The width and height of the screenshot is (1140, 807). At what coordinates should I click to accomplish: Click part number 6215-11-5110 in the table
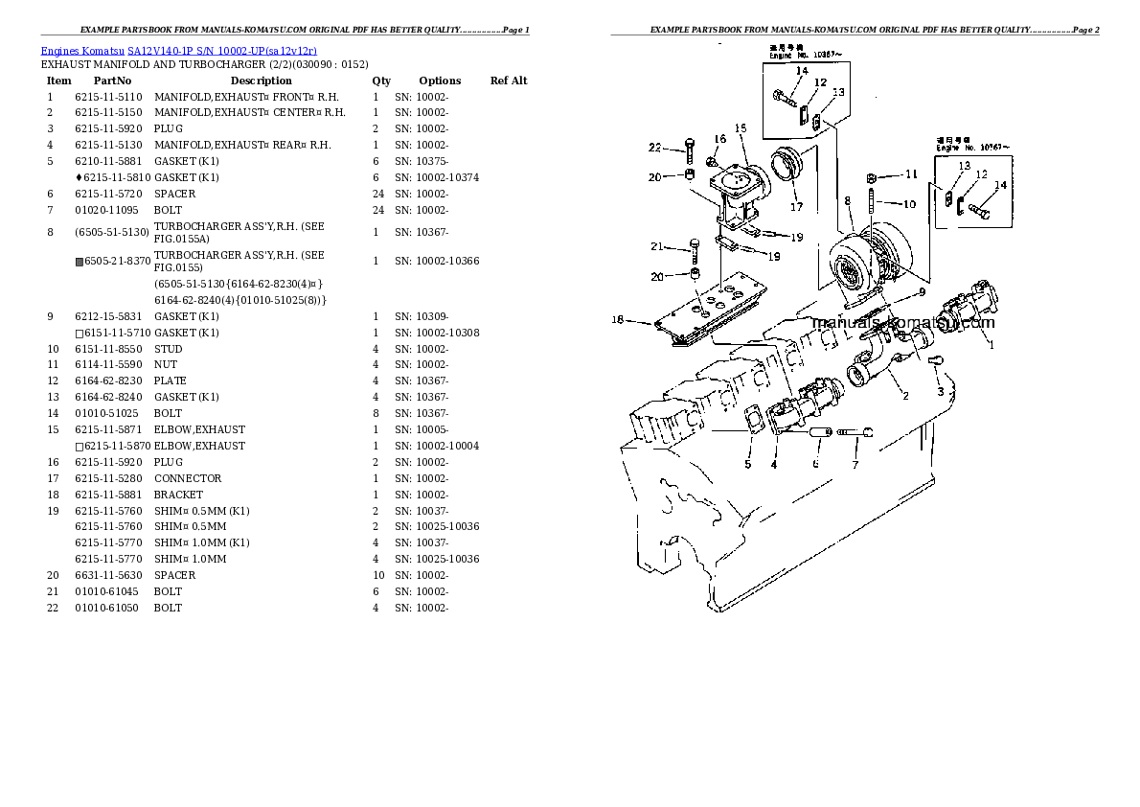click(x=108, y=97)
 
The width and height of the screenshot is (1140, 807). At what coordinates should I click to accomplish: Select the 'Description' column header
click(x=261, y=81)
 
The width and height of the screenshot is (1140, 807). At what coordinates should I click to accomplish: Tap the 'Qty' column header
click(x=381, y=81)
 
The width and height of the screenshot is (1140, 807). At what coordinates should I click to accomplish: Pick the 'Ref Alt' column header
click(x=509, y=81)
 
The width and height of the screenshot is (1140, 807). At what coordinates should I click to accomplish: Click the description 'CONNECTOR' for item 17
click(x=188, y=478)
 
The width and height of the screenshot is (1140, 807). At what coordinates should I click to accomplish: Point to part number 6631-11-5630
click(x=108, y=575)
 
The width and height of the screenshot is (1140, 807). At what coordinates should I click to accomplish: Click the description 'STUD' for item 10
click(x=169, y=349)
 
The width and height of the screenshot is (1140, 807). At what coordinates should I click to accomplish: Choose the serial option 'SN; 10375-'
click(x=422, y=161)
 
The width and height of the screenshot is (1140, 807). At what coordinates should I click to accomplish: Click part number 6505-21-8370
click(x=117, y=261)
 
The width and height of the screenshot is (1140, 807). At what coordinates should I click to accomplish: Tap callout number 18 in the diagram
click(x=617, y=320)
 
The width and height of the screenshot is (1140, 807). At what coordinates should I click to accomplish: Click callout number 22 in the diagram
click(x=654, y=148)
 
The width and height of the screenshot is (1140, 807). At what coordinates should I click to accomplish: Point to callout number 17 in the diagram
click(x=796, y=206)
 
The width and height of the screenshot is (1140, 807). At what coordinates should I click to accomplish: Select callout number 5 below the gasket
click(x=747, y=465)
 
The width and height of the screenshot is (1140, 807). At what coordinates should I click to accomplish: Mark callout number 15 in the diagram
click(x=740, y=128)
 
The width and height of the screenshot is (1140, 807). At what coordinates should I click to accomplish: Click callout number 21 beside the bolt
click(x=656, y=246)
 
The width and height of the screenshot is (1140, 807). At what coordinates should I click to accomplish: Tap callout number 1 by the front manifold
click(x=991, y=345)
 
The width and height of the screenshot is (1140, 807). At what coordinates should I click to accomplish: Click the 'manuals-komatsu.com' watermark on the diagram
click(x=902, y=323)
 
